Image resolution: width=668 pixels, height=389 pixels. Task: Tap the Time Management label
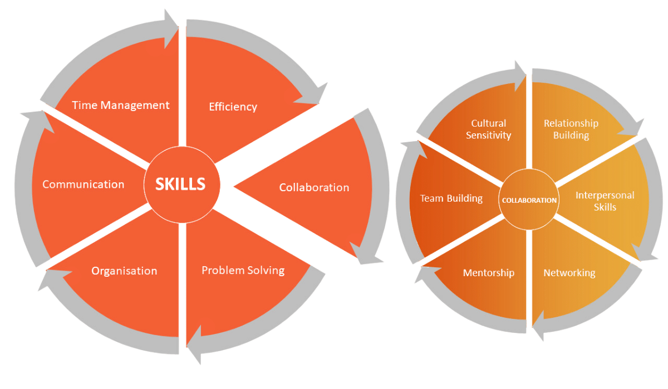[121, 105]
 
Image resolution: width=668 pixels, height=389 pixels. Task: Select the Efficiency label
[233, 107]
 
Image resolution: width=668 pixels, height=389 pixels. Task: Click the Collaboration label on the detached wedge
[314, 187]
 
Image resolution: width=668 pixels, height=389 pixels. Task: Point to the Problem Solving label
[243, 271]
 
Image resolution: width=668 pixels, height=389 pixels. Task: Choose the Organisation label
[124, 271]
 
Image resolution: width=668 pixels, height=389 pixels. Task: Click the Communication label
[83, 184]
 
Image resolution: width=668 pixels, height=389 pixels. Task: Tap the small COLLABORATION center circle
[528, 200]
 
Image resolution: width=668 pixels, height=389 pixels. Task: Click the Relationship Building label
[571, 129]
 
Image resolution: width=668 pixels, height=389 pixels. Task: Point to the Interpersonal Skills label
[605, 201]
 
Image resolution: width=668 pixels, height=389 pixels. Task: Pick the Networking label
[569, 273]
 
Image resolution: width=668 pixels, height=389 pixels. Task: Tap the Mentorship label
[489, 273]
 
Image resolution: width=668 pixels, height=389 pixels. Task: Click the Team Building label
[451, 198]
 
